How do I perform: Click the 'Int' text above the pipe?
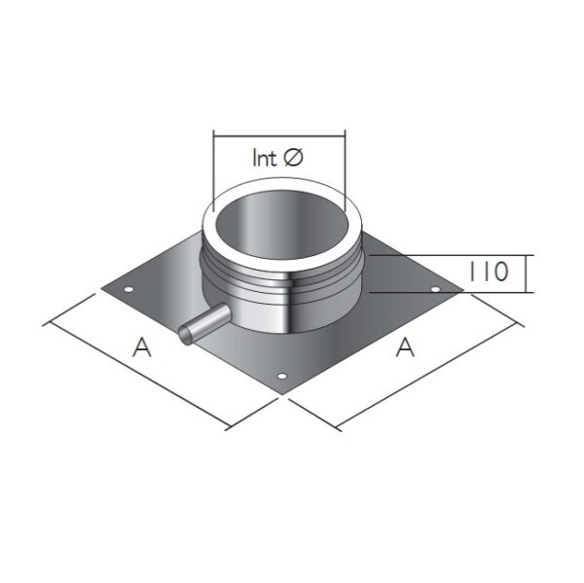[x=265, y=158]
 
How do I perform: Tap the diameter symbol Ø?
[x=293, y=158]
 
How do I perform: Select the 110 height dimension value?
[x=489, y=272]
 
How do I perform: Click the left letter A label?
[x=142, y=346]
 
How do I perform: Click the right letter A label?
[x=405, y=346]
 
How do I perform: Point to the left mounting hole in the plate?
[x=128, y=289]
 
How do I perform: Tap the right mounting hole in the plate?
[x=435, y=289]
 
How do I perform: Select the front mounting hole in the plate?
[x=282, y=377]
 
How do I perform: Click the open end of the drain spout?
[x=185, y=334]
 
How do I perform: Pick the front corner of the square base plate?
[x=283, y=393]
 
